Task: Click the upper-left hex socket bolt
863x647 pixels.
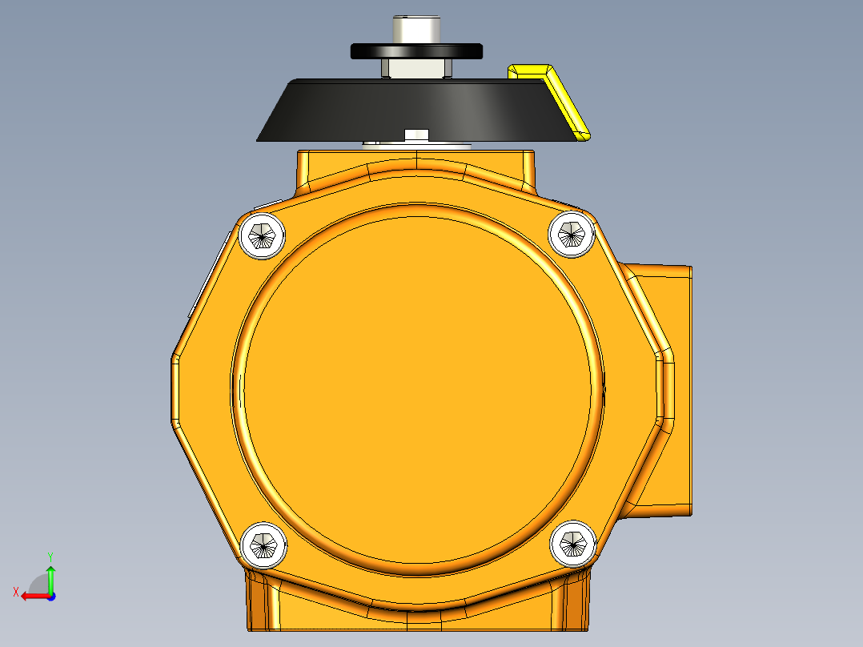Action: point(262,236)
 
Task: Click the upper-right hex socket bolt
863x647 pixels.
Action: point(572,235)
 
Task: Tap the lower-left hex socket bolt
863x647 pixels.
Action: point(263,544)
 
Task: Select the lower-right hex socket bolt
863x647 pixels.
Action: point(573,544)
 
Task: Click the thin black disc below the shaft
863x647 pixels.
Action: point(416,51)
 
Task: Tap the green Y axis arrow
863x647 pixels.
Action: point(50,578)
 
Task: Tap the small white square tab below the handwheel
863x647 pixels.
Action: point(417,135)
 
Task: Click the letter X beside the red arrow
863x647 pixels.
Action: point(15,592)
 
